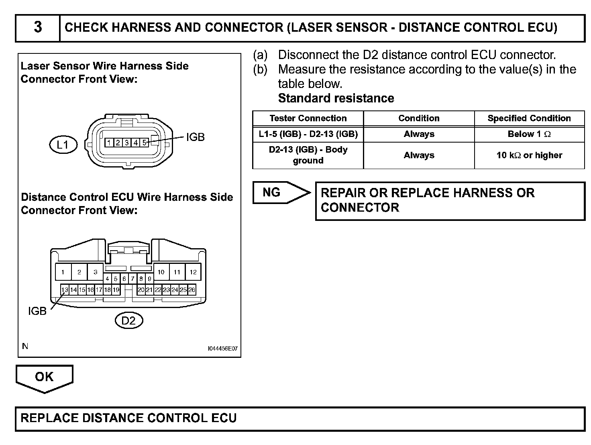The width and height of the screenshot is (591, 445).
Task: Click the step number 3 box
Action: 38,28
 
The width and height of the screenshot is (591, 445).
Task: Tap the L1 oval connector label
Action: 63,144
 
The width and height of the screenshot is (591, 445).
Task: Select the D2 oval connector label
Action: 128,320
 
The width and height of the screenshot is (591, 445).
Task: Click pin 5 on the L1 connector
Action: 144,143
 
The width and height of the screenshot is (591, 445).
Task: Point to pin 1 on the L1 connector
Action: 109,143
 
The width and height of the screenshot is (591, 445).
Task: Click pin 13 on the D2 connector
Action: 65,290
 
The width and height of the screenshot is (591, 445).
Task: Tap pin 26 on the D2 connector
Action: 192,290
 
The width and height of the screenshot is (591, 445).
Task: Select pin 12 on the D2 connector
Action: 193,272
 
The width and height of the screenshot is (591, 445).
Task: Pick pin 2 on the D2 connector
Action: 79,272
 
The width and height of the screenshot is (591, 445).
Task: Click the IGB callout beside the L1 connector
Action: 195,137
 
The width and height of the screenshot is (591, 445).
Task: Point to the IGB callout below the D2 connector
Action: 37,311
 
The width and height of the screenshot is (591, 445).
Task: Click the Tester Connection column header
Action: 308,118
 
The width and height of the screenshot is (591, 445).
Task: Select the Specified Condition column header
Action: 529,118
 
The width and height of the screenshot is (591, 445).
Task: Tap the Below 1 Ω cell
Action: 529,134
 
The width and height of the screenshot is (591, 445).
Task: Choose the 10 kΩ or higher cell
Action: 529,155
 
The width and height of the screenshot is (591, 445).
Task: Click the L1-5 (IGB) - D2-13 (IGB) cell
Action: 308,134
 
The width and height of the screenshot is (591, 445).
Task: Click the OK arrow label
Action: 44,377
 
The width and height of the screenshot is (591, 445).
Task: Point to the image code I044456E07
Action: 222,349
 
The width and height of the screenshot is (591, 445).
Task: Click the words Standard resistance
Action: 336,98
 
